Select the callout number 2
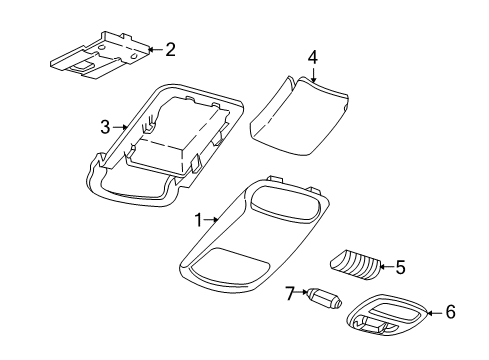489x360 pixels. point(169,48)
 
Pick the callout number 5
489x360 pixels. point(400,268)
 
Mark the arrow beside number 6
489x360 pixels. point(433,313)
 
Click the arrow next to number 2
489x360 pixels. point(152,48)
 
